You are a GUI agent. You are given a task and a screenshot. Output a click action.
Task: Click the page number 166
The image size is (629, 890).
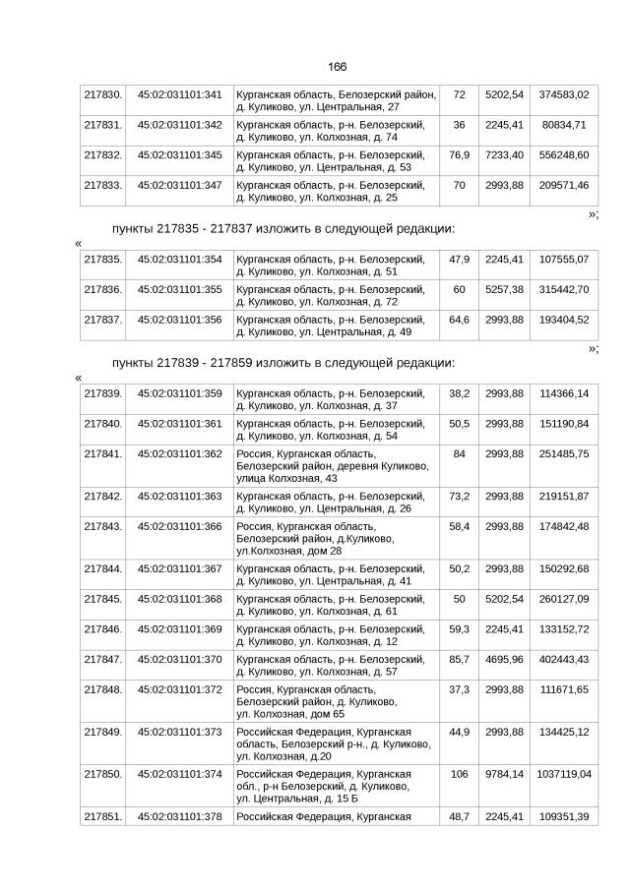(337, 66)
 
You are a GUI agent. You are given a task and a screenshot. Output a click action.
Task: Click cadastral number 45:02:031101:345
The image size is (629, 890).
(179, 155)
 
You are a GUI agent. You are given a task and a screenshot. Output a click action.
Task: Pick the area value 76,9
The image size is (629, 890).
(459, 155)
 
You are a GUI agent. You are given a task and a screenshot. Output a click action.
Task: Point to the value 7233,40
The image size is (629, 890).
(504, 155)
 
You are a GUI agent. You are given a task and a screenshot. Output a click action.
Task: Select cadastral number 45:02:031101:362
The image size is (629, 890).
(179, 454)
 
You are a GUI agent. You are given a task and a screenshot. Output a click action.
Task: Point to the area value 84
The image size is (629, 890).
(459, 454)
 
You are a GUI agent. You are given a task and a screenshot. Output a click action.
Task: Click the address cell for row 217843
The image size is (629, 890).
(335, 538)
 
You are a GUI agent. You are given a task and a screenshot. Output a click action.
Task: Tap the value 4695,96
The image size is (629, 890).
(504, 660)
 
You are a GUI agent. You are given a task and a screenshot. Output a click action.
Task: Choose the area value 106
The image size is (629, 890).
(459, 774)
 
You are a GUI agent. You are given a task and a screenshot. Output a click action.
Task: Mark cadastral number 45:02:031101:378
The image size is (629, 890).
(179, 818)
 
